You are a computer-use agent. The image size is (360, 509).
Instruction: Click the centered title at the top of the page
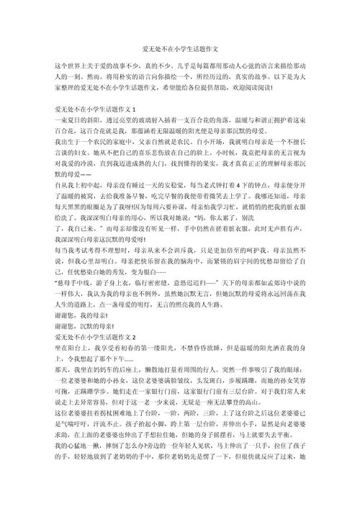coord(180,30)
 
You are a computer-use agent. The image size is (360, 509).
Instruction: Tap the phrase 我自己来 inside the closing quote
coord(84,235)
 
